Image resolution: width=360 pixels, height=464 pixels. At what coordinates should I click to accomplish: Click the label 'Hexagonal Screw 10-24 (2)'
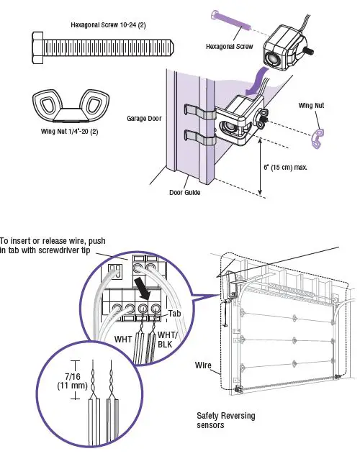point(107,24)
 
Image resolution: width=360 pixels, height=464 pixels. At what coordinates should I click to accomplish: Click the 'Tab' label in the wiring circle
point(174,314)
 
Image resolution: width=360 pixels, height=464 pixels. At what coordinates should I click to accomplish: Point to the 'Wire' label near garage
point(204,365)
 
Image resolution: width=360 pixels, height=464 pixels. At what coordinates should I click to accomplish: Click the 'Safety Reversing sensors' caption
point(225,420)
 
